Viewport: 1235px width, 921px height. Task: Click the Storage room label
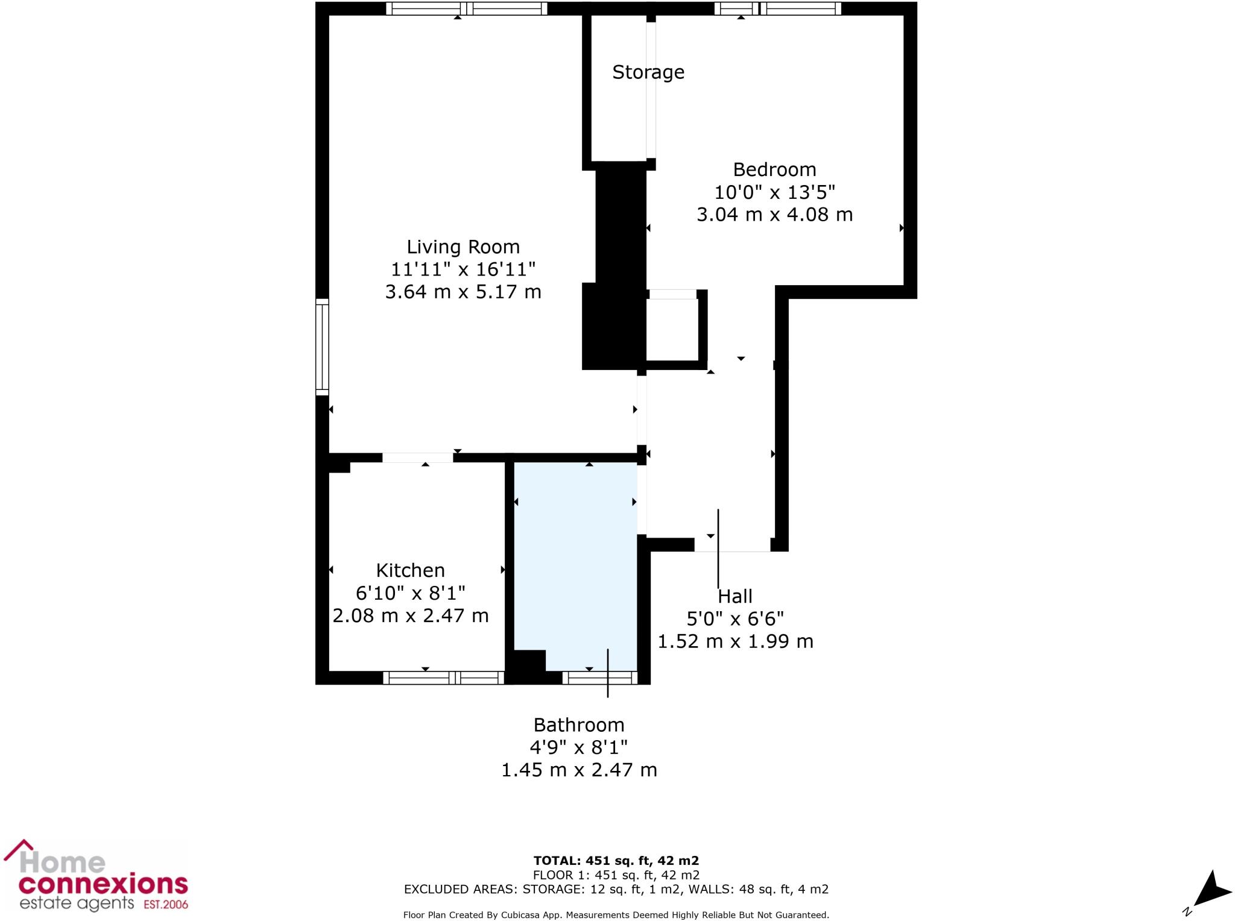[x=648, y=72]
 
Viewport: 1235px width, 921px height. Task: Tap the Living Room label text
[x=463, y=247]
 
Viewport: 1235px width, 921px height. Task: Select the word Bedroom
[x=774, y=169]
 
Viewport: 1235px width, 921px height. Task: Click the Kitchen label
[x=410, y=570]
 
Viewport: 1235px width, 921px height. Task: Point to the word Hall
[x=735, y=597]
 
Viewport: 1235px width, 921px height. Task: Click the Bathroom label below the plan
[x=579, y=725]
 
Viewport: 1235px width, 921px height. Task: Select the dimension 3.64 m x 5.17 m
[x=463, y=292]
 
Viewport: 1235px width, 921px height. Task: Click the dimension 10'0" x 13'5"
[x=774, y=192]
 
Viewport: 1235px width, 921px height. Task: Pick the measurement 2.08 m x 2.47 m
[x=410, y=615]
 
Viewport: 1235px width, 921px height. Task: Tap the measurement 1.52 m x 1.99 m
[x=735, y=641]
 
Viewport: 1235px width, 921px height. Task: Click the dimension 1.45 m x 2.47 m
[x=579, y=770]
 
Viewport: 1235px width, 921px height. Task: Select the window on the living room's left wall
[x=323, y=347]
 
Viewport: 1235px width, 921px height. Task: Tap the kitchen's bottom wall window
[x=443, y=677]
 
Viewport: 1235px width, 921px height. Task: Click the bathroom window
[x=599, y=677]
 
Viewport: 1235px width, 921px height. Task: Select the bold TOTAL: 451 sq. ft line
[x=616, y=861]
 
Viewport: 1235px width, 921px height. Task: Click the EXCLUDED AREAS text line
[x=616, y=889]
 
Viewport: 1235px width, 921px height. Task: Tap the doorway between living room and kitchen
[x=417, y=457]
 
